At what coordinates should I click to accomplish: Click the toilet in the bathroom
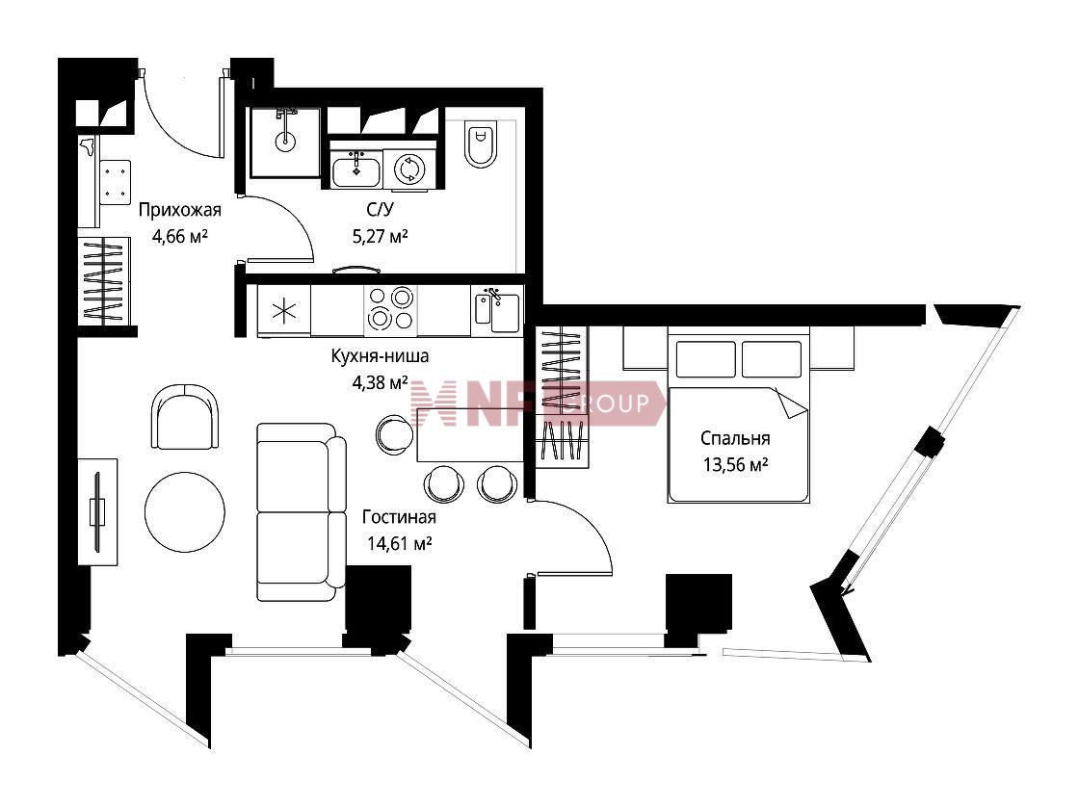coord(481,144)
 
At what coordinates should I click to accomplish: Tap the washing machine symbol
coord(408,169)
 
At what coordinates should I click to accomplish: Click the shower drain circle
coord(285,142)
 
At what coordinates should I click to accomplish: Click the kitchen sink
coord(497,311)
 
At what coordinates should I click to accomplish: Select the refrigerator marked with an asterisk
coord(284,311)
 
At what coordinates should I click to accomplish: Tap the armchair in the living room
coord(185,417)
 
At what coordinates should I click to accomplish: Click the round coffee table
coord(184,511)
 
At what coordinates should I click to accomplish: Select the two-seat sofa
coord(301,511)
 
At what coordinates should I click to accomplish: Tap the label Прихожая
coord(179,210)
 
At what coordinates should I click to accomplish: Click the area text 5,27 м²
coord(380,237)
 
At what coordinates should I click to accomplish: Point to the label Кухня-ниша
coord(380,355)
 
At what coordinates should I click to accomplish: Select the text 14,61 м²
coord(399,543)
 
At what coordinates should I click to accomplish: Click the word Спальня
coord(735,438)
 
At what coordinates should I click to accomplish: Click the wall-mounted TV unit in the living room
coord(97,512)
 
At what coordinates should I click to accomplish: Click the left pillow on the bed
coord(705,359)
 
